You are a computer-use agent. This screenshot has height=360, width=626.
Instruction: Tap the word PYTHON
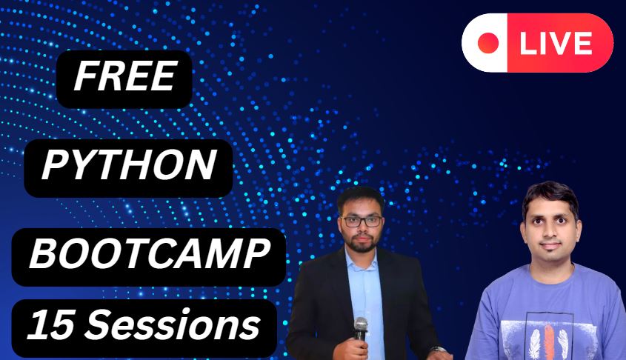coord(129,166)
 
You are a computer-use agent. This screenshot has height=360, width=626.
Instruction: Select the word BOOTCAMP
coord(148,256)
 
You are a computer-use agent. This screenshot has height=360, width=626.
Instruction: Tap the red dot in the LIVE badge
coord(488,43)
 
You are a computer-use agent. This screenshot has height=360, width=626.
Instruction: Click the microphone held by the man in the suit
coord(361,325)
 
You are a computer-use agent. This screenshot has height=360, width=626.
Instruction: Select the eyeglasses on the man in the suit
coord(362,221)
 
